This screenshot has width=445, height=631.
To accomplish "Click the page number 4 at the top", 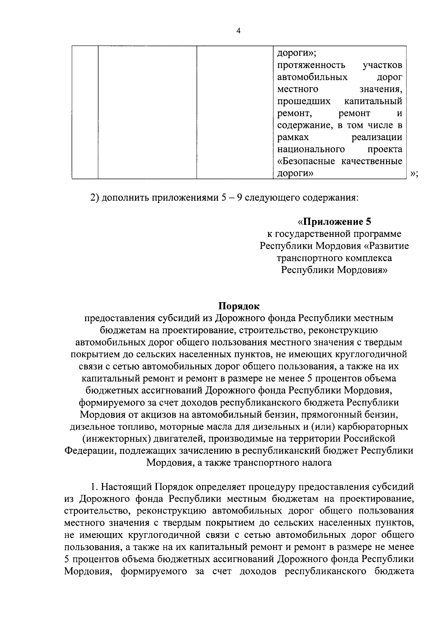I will [x=238, y=32].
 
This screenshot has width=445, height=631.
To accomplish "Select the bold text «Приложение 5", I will [x=334, y=222].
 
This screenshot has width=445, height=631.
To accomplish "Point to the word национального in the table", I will [x=311, y=149].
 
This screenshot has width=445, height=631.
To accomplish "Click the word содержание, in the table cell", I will [x=305, y=125].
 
